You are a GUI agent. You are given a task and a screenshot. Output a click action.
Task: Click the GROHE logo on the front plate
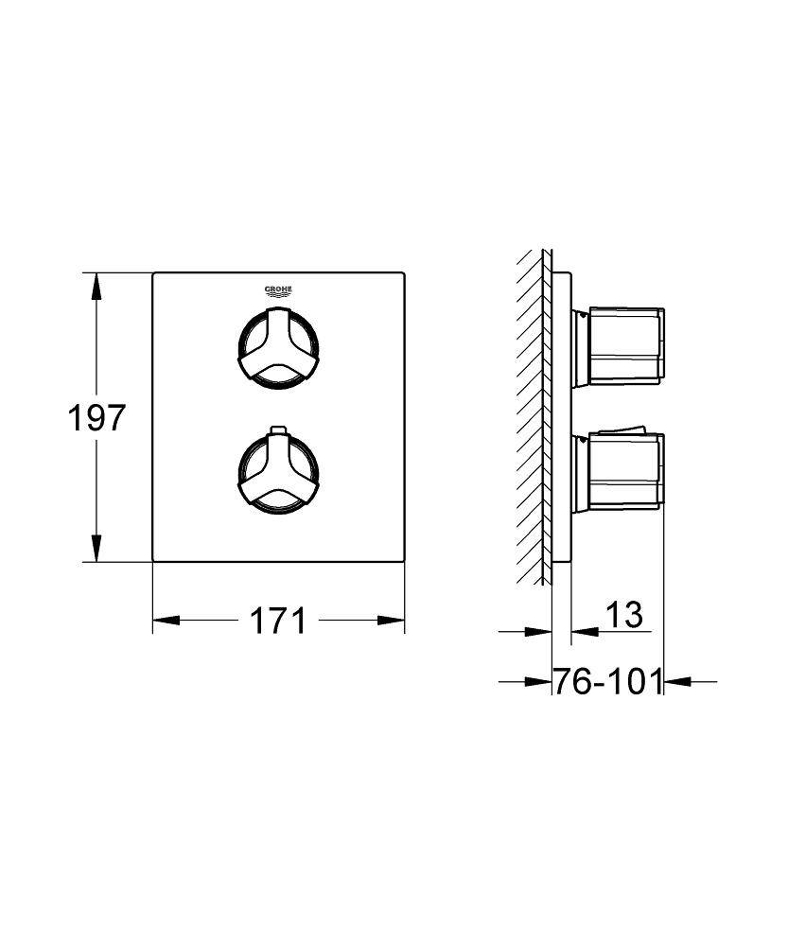tap(278, 291)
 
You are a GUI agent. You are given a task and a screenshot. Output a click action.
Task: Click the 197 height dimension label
tap(96, 417)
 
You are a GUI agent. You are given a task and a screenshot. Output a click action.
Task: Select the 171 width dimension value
tap(277, 621)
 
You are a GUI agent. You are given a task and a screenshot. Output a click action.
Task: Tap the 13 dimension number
tap(624, 614)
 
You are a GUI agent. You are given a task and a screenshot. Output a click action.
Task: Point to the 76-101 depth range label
tap(607, 682)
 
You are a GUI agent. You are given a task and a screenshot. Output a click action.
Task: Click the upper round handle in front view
tap(277, 345)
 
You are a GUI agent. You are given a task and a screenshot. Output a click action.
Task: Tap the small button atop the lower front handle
tap(278, 429)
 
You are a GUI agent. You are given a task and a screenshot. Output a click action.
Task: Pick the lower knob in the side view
tap(619, 474)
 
